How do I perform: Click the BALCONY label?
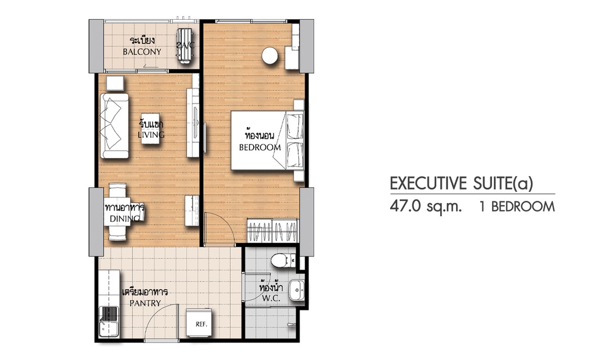click(142, 52)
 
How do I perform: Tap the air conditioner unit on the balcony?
click(185, 46)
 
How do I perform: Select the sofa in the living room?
click(115, 125)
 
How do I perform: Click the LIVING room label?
click(151, 135)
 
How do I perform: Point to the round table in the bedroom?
click(270, 56)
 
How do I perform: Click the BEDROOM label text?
click(260, 147)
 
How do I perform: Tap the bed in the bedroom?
click(267, 141)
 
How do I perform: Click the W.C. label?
click(271, 299)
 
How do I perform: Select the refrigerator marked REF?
click(199, 323)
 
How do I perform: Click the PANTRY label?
click(145, 303)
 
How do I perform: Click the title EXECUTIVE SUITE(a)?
click(462, 184)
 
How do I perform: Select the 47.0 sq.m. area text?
click(426, 206)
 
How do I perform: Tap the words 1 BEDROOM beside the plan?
click(517, 206)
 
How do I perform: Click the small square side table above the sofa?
click(115, 83)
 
